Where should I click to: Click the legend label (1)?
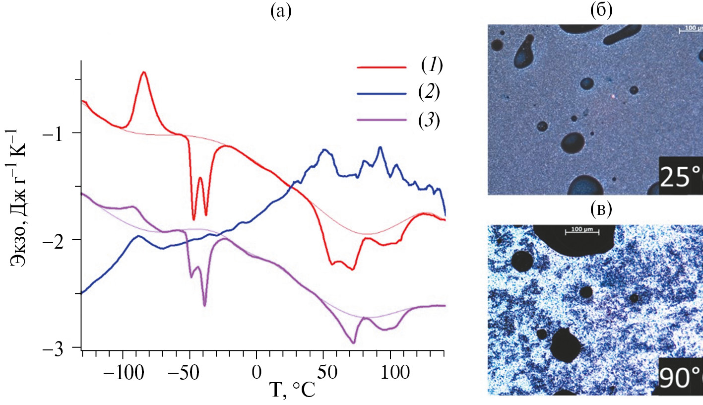click(x=431, y=65)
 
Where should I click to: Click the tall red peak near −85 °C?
click(x=144, y=72)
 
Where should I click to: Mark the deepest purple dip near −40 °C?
click(x=204, y=306)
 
